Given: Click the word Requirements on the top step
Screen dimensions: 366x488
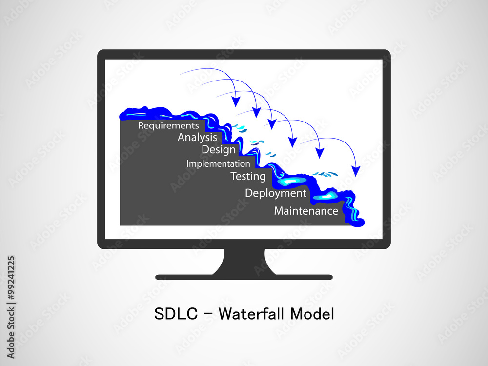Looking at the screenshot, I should (168, 126).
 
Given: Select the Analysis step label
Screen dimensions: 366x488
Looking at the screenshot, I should (197, 138).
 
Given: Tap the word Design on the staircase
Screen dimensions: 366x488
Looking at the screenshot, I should (218, 150).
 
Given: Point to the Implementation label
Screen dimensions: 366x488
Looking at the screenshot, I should (218, 164).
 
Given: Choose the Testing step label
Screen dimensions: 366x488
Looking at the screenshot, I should (248, 176).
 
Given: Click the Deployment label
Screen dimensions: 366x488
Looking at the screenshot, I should (275, 193).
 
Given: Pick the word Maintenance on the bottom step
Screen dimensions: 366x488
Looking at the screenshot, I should (306, 211).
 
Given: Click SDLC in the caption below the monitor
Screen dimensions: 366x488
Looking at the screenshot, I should (176, 314).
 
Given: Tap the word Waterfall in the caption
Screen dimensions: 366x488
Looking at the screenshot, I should (252, 314).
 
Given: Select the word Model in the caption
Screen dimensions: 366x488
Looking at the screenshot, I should (312, 314).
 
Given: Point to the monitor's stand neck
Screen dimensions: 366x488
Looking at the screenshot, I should (244, 262).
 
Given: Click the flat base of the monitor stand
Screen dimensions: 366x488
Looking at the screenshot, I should (244, 277).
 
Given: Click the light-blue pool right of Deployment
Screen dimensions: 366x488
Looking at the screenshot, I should (324, 197).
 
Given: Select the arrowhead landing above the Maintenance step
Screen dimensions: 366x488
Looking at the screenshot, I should (356, 171).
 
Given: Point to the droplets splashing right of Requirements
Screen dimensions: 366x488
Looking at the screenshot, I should (239, 129).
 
